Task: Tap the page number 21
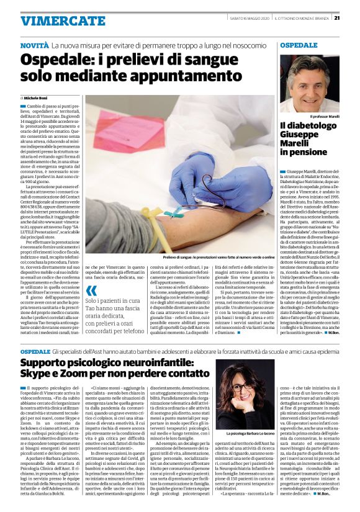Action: [354, 17]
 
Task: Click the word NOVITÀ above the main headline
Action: [34, 47]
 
